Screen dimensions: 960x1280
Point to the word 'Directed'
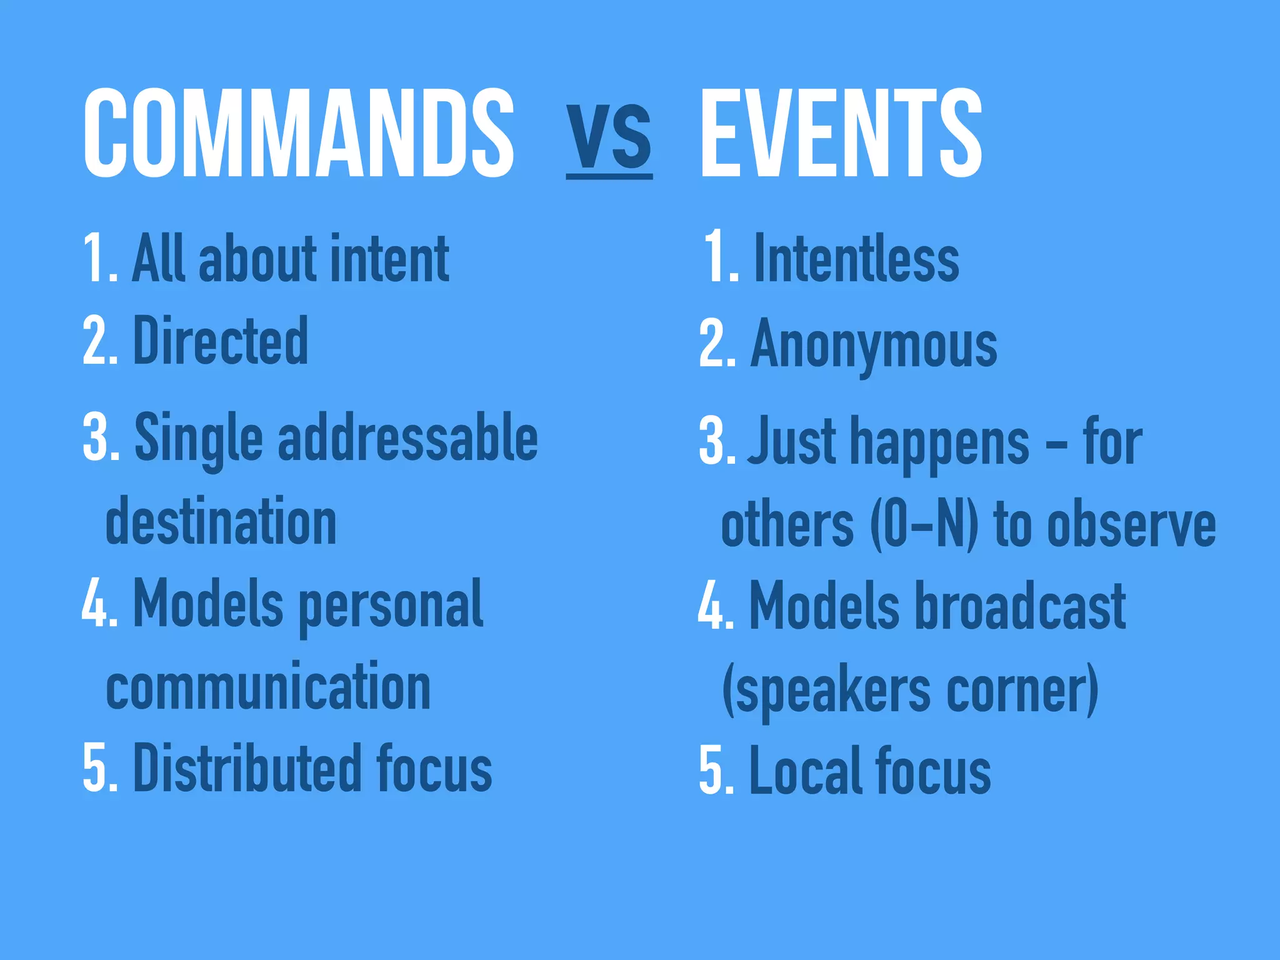(x=221, y=341)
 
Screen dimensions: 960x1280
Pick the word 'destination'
(x=221, y=521)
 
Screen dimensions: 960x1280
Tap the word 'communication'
(x=269, y=687)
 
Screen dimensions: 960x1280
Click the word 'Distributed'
(x=247, y=768)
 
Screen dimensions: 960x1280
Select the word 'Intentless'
(x=856, y=258)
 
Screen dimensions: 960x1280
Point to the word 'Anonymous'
(x=874, y=346)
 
